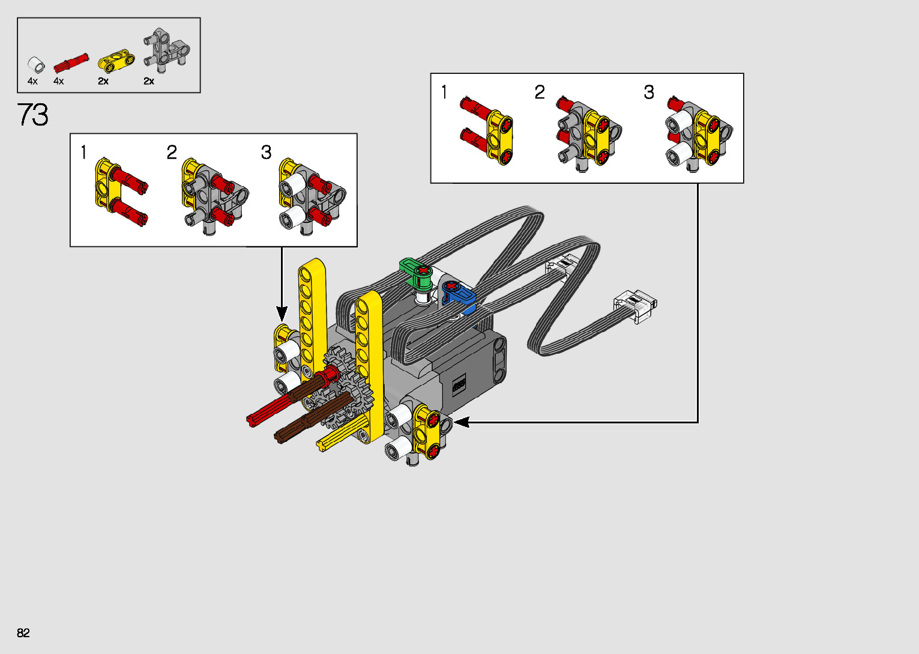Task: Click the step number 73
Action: point(33,115)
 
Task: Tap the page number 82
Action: point(23,632)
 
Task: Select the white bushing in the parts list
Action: point(36,65)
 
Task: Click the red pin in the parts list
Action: point(71,63)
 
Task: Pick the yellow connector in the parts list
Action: point(116,60)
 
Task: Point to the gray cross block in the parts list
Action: point(166,50)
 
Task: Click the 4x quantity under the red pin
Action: point(59,81)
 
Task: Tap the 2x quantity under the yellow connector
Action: point(103,81)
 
